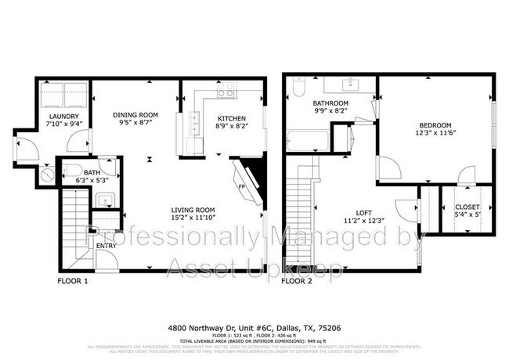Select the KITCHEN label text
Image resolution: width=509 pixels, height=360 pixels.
click(x=232, y=118)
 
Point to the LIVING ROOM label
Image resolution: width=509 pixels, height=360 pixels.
click(x=194, y=210)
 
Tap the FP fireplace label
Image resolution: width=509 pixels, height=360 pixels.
click(x=241, y=186)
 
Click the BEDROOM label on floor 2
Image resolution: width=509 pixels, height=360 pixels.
click(x=435, y=126)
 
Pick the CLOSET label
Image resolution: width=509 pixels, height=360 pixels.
click(x=468, y=207)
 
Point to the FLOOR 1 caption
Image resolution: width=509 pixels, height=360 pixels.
click(x=73, y=280)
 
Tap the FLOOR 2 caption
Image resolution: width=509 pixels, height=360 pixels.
click(x=297, y=280)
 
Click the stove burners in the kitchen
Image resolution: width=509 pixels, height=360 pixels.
click(x=226, y=92)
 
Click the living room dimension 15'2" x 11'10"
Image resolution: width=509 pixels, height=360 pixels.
click(x=194, y=219)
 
